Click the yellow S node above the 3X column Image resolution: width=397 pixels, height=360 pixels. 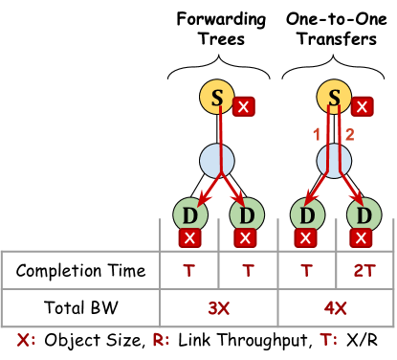tap(217, 97)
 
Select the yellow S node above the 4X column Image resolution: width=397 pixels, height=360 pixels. tap(334, 97)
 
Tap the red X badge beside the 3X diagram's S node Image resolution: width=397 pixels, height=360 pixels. tap(244, 106)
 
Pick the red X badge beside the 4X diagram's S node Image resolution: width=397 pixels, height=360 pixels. tap(362, 106)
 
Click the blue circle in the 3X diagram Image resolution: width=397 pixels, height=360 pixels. tap(217, 160)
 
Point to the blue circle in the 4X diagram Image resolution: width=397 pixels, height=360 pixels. tap(334, 160)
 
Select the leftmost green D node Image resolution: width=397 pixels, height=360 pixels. tap(190, 214)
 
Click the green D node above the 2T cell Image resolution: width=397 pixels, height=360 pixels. tap(364, 214)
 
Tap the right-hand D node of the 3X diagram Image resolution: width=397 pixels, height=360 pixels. tap(247, 214)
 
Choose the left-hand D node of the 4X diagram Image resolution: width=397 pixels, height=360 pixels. tap(307, 214)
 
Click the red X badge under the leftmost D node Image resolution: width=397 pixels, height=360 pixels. tap(189, 237)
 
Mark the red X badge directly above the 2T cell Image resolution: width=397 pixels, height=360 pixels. tap(361, 237)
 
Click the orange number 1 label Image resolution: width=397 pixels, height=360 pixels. tap(317, 135)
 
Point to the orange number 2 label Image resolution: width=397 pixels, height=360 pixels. tap(349, 135)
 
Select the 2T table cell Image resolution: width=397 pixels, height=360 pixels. tap(364, 271)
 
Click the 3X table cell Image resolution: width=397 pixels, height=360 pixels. tap(219, 308)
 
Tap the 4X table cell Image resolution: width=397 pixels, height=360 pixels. tap(335, 308)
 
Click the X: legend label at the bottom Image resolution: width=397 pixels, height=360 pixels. tap(26, 339)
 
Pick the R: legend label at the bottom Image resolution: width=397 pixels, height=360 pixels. tap(161, 339)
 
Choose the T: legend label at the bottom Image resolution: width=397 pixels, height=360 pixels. tap(328, 339)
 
